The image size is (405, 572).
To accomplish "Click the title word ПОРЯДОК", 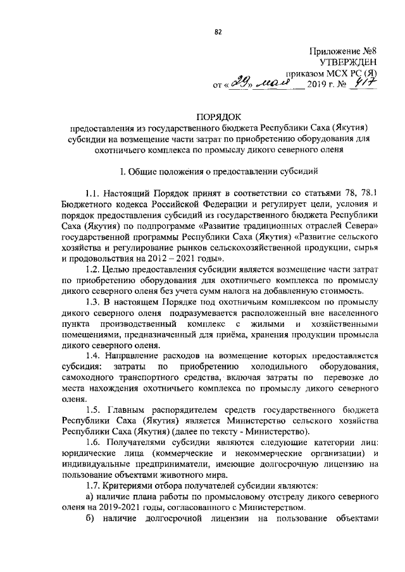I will pos(218,118).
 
